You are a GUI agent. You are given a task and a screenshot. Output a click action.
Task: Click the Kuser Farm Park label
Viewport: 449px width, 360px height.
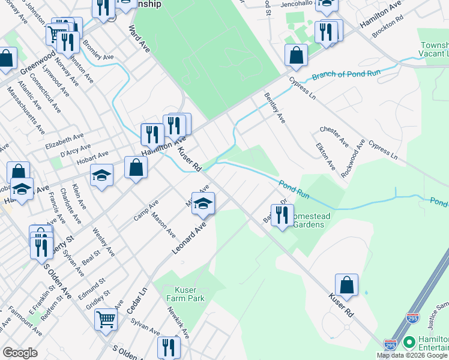pos(185,294)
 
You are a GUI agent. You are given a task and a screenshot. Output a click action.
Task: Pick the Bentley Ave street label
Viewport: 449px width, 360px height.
pos(274,108)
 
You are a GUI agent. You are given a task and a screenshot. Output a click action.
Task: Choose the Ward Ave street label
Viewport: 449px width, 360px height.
pos(139,38)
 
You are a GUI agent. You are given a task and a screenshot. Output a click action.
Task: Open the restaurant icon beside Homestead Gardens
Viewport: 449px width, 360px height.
pos(282,214)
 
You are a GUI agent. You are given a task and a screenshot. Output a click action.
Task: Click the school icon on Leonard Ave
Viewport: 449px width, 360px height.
pos(203,204)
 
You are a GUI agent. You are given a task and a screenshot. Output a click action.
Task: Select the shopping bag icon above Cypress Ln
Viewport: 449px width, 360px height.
pos(297,55)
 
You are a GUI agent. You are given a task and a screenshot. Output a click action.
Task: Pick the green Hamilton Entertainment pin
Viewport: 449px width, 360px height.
pos(409,343)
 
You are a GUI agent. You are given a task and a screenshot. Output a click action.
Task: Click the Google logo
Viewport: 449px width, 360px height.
pos(20,353)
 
